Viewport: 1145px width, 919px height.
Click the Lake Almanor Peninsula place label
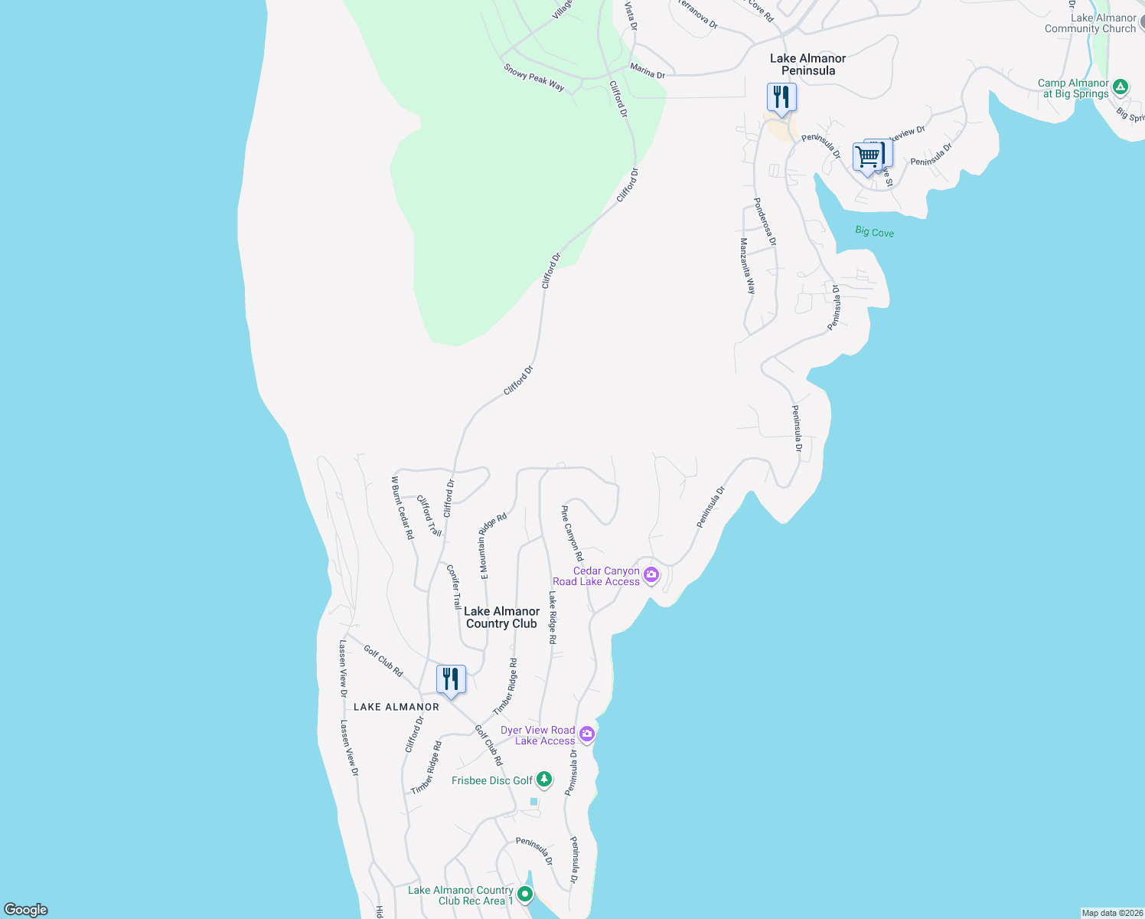(807, 64)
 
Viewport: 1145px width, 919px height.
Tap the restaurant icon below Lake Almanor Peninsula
(781, 98)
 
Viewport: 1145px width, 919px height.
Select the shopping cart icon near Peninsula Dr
(868, 157)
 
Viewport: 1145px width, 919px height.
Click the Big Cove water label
(874, 232)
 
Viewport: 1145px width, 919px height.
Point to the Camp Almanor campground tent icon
(1121, 87)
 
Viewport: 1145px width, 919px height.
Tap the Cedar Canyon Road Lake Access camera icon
(651, 574)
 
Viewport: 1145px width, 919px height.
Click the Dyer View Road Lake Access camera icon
(587, 734)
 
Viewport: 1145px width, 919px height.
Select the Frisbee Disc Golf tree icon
(543, 780)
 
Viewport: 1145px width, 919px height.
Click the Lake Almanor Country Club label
(501, 617)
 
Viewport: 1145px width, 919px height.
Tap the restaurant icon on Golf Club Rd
(451, 679)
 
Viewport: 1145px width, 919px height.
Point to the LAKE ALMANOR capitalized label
(396, 707)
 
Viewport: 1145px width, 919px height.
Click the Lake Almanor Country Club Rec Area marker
(525, 894)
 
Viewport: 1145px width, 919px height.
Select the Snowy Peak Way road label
(534, 77)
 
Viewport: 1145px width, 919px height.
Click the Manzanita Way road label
(747, 266)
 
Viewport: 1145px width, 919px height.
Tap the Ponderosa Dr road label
(765, 221)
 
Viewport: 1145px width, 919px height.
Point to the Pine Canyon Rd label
(572, 533)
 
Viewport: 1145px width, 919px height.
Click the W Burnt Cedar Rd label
(402, 507)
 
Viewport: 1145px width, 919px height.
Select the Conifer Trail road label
(454, 587)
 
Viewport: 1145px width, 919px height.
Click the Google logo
(25, 910)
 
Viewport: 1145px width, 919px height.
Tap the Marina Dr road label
(647, 71)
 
